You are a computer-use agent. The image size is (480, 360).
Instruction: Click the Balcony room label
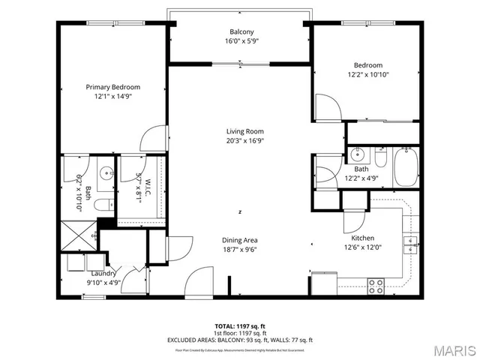point(241,31)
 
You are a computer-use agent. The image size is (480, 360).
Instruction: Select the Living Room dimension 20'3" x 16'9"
point(241,140)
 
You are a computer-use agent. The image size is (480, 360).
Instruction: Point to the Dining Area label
point(241,240)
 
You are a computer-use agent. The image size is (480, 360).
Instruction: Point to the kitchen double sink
point(409,242)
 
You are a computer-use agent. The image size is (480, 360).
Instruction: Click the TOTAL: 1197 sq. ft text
point(241,325)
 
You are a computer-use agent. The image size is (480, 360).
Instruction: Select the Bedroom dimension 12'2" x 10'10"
point(367,74)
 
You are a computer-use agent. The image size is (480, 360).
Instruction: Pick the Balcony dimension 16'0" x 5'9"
point(241,42)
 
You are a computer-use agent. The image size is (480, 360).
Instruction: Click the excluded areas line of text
point(241,340)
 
